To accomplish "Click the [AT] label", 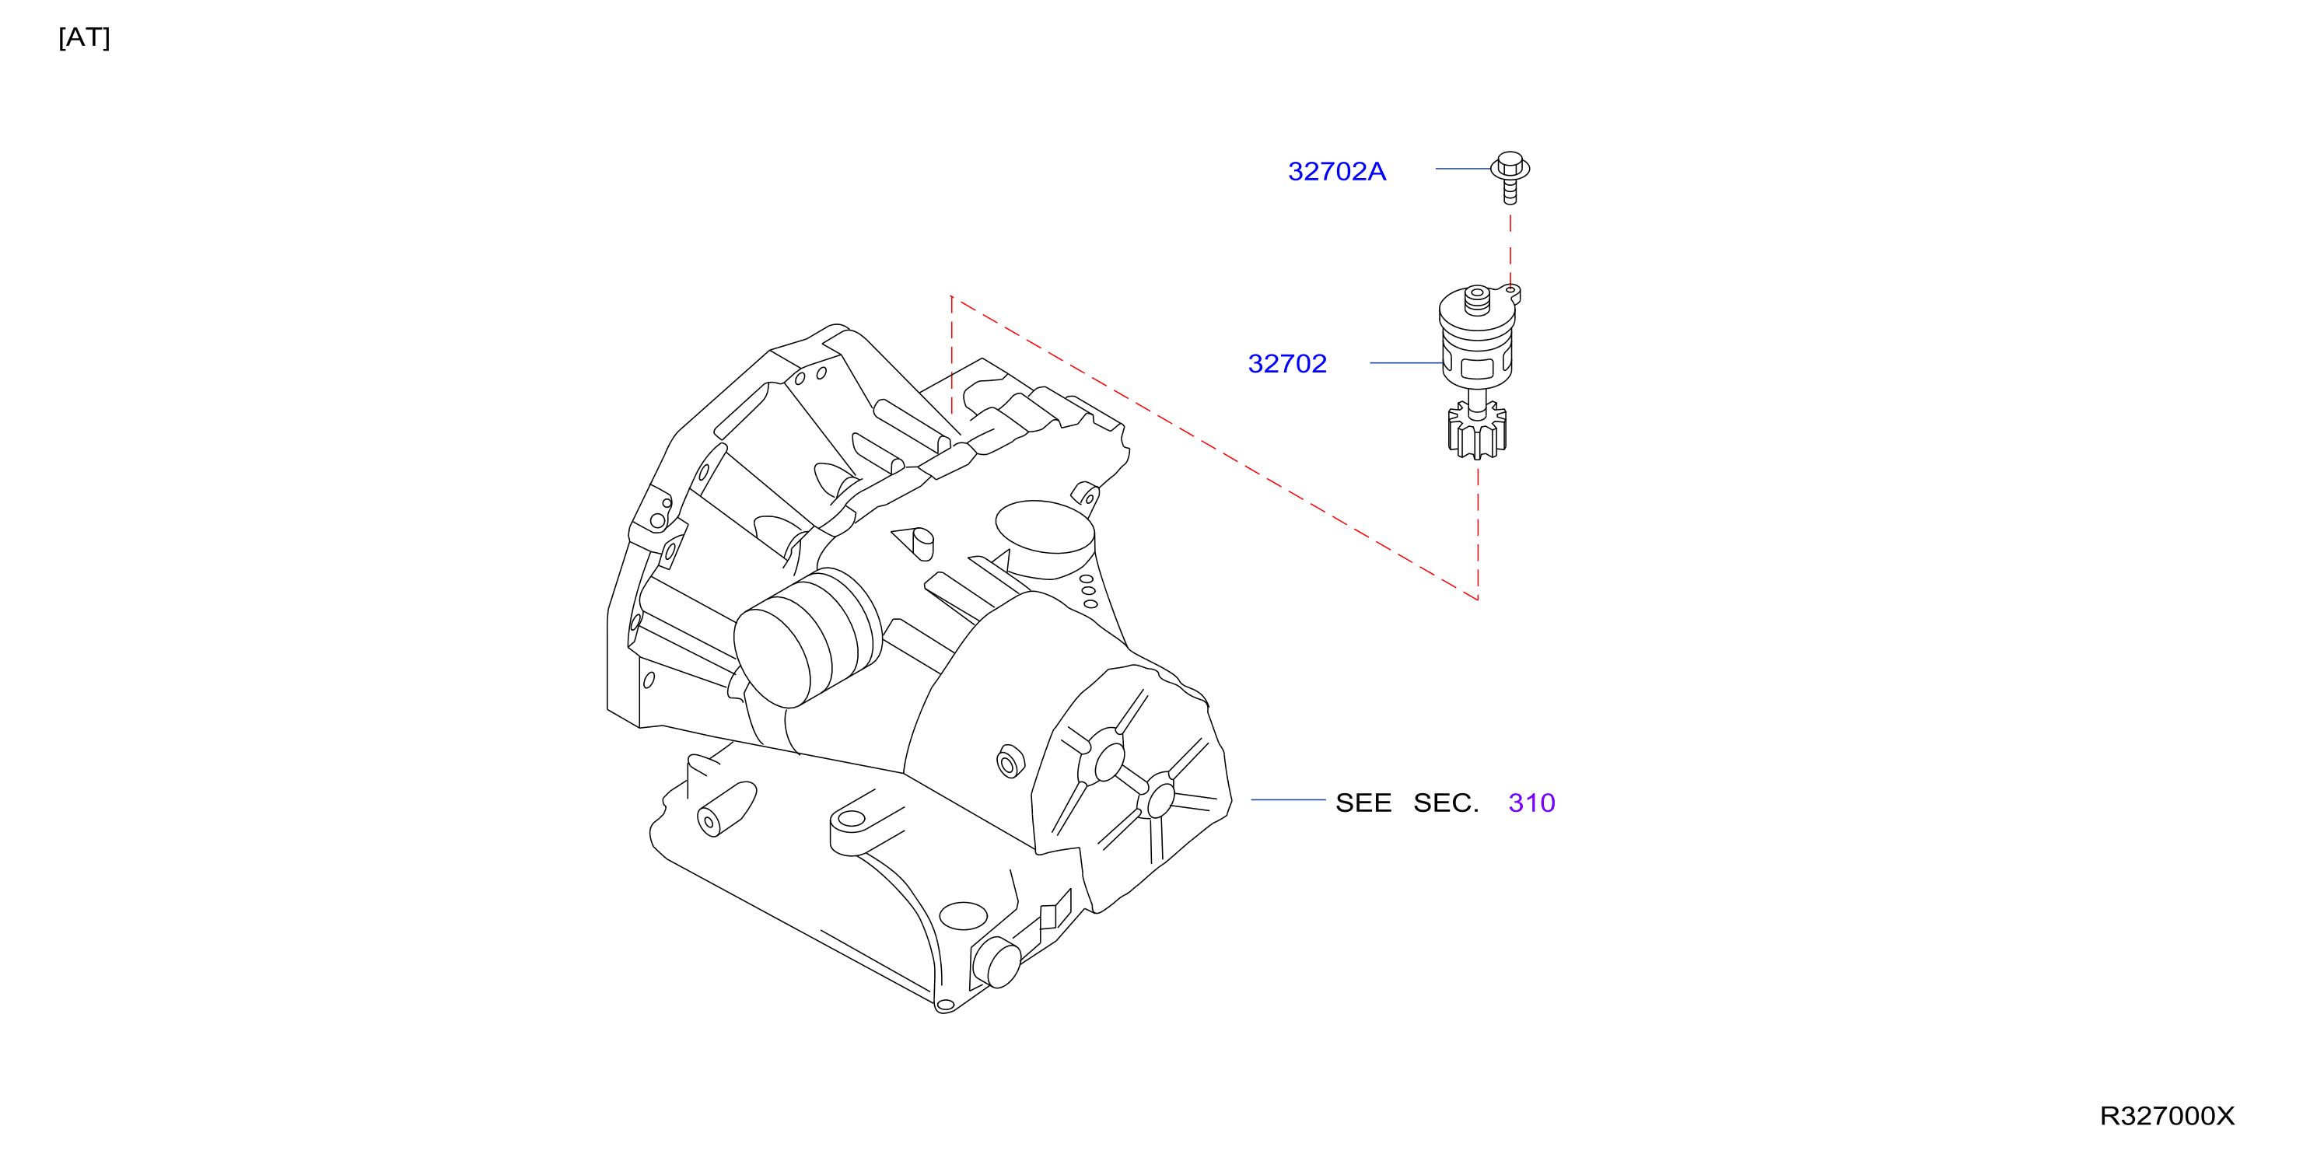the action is click(84, 38).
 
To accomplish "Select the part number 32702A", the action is click(1336, 171).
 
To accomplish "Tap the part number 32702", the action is click(1286, 364).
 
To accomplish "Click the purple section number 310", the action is click(1531, 803).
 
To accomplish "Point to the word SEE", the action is click(1363, 803).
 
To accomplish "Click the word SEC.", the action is click(1445, 803).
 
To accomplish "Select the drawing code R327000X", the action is click(2167, 1116).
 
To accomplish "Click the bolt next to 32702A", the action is click(1510, 177).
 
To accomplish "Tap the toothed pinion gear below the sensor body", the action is click(1477, 430).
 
